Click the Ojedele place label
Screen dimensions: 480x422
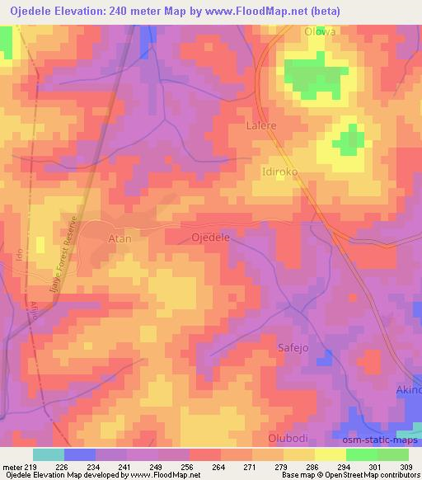(x=210, y=236)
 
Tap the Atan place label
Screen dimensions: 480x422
(x=120, y=238)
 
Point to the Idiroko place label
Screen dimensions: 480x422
(x=279, y=172)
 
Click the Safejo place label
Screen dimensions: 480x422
(x=291, y=348)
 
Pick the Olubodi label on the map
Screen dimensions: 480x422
(x=288, y=437)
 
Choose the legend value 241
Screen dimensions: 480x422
(x=124, y=466)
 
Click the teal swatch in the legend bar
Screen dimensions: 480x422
(x=49, y=454)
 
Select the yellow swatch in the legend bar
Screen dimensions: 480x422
(x=331, y=454)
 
